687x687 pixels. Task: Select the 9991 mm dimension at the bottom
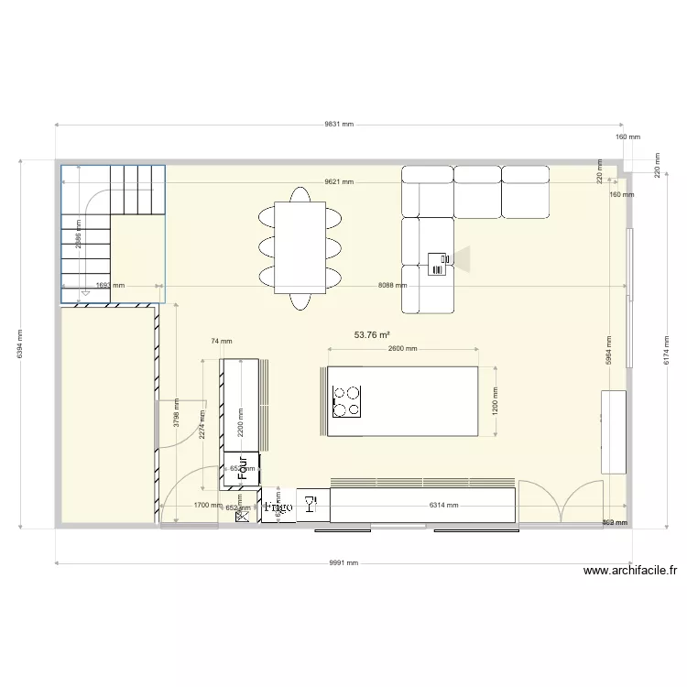click(343, 563)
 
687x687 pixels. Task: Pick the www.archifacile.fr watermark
click(630, 572)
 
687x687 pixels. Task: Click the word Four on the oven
click(243, 468)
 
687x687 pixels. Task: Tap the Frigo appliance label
click(278, 506)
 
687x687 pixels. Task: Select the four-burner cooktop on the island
click(347, 400)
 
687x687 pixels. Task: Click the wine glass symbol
click(309, 504)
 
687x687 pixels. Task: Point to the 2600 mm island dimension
click(402, 349)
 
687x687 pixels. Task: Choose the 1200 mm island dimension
click(496, 401)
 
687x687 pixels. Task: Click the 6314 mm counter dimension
click(445, 505)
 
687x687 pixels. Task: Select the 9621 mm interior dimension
click(340, 181)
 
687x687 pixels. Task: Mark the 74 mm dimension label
click(216, 341)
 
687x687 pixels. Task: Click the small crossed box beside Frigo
click(243, 517)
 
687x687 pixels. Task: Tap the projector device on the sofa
click(438, 264)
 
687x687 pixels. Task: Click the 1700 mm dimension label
click(207, 505)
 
